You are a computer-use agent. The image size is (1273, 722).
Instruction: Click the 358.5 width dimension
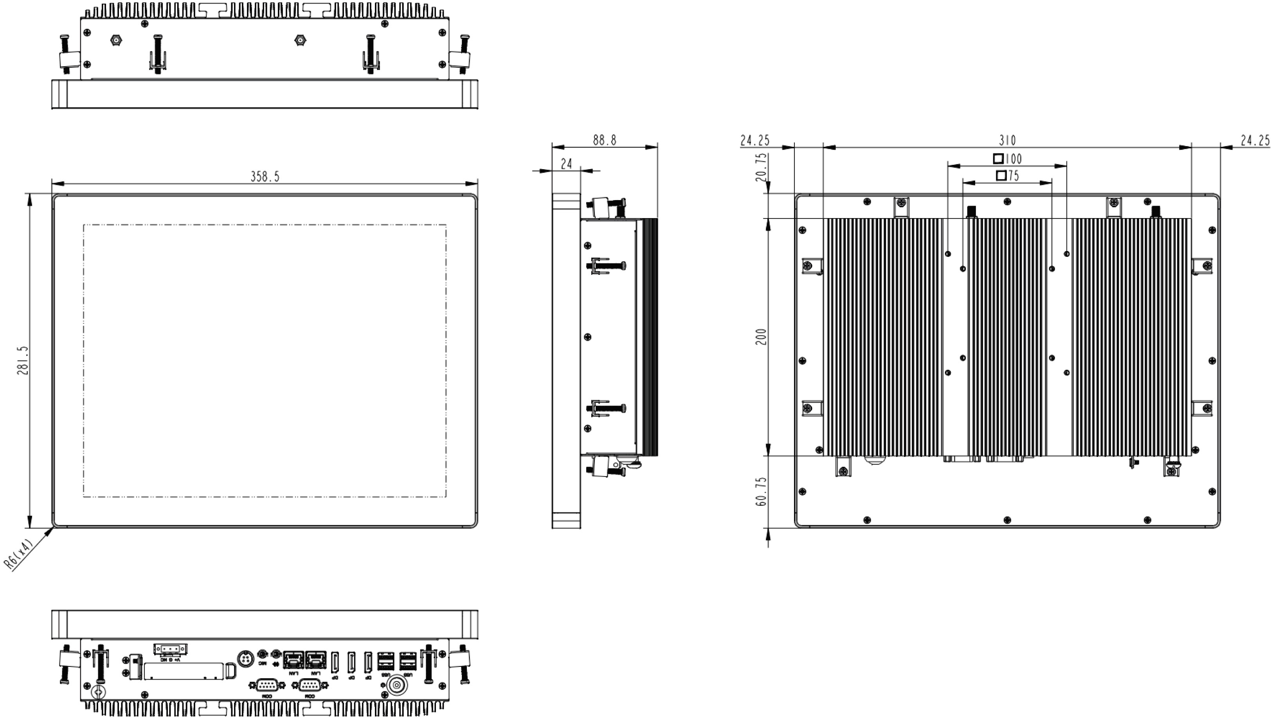[265, 177]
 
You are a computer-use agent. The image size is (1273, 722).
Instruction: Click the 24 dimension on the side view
[566, 164]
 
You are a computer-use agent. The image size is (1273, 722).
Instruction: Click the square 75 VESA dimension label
[1007, 175]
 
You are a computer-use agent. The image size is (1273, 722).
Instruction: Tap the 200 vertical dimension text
[762, 337]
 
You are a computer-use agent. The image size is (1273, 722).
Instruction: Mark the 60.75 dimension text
[762, 491]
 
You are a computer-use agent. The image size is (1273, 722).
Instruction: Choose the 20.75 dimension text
[762, 167]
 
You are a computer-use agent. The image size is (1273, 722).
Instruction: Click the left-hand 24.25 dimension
[755, 141]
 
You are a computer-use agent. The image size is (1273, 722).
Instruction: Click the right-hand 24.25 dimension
[1255, 141]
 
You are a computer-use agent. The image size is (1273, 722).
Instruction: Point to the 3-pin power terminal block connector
[170, 649]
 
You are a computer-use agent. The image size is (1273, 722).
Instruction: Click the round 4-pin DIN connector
[245, 659]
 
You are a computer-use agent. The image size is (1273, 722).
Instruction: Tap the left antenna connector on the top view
[116, 40]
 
